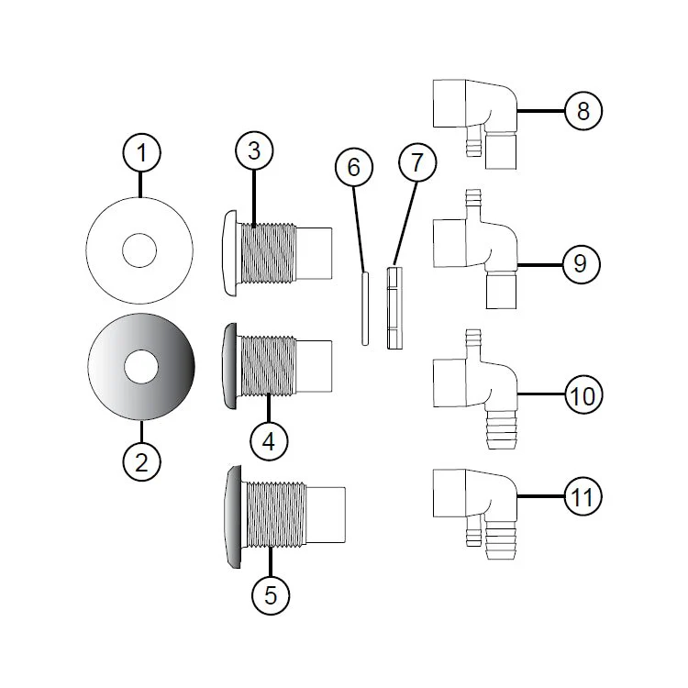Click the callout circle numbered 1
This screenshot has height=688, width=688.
(141, 153)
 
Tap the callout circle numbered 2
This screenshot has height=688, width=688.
(141, 462)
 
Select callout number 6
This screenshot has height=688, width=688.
(354, 167)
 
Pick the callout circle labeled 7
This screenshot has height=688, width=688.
(417, 161)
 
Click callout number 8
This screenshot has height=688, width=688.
(583, 111)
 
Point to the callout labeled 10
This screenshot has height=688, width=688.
(583, 394)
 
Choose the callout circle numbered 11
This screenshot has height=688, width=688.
(583, 497)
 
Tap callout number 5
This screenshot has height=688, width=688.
(271, 595)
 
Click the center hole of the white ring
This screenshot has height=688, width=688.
(139, 250)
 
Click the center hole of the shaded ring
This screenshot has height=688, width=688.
(141, 366)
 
